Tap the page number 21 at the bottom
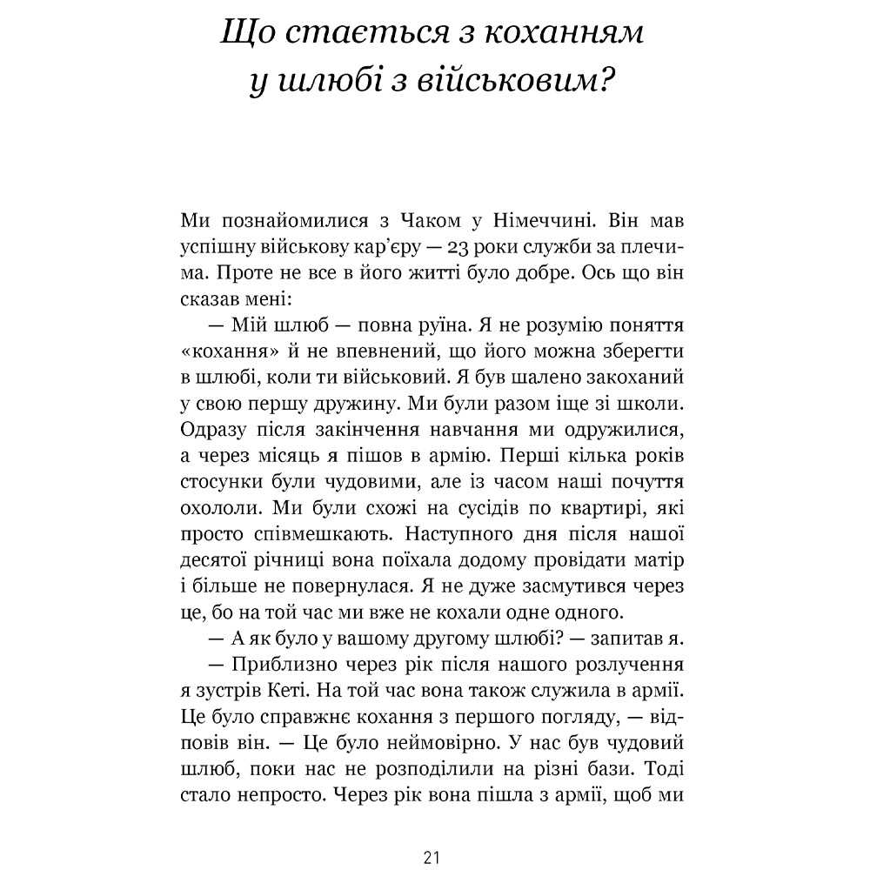433,857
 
